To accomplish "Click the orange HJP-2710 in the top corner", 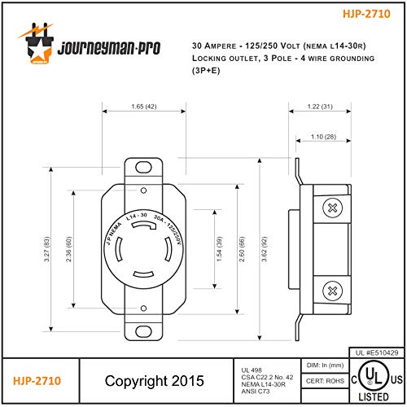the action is point(366,14).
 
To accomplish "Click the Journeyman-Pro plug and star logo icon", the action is point(37,43).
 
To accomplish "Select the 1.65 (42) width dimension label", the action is point(144,107).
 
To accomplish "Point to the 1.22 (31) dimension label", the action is point(320,107).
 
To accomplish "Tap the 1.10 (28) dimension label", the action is point(323,137).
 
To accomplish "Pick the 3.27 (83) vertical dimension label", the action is point(46,249).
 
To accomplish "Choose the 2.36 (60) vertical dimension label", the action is point(69,249).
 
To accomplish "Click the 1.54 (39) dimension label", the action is point(219,249).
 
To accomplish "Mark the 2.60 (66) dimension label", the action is point(242,249).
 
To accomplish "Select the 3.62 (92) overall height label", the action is point(265,249).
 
